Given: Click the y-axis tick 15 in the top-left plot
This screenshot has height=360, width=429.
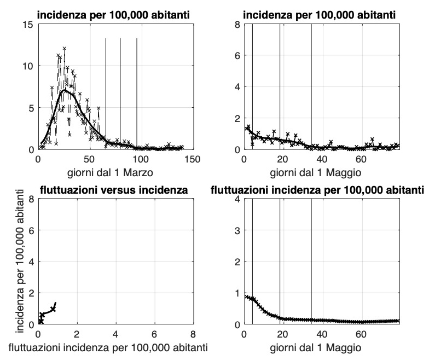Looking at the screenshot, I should [27, 24].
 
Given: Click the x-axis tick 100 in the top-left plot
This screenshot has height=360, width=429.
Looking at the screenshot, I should [141, 160].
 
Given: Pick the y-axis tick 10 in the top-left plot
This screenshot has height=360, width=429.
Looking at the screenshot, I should [27, 66].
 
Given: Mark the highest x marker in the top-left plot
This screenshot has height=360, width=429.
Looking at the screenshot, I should [65, 48].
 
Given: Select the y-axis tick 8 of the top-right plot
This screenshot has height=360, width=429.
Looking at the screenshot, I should [237, 24].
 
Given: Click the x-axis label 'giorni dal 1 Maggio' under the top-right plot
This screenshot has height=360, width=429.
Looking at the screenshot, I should [322, 173].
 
